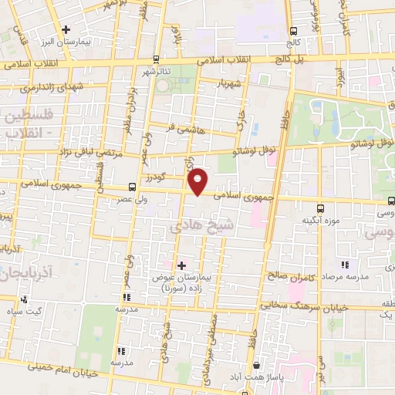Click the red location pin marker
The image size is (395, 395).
tap(198, 181)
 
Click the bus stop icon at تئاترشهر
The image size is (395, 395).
tap(157, 59)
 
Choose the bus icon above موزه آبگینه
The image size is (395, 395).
tap(320, 208)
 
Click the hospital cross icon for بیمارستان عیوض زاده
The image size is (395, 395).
tap(181, 265)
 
